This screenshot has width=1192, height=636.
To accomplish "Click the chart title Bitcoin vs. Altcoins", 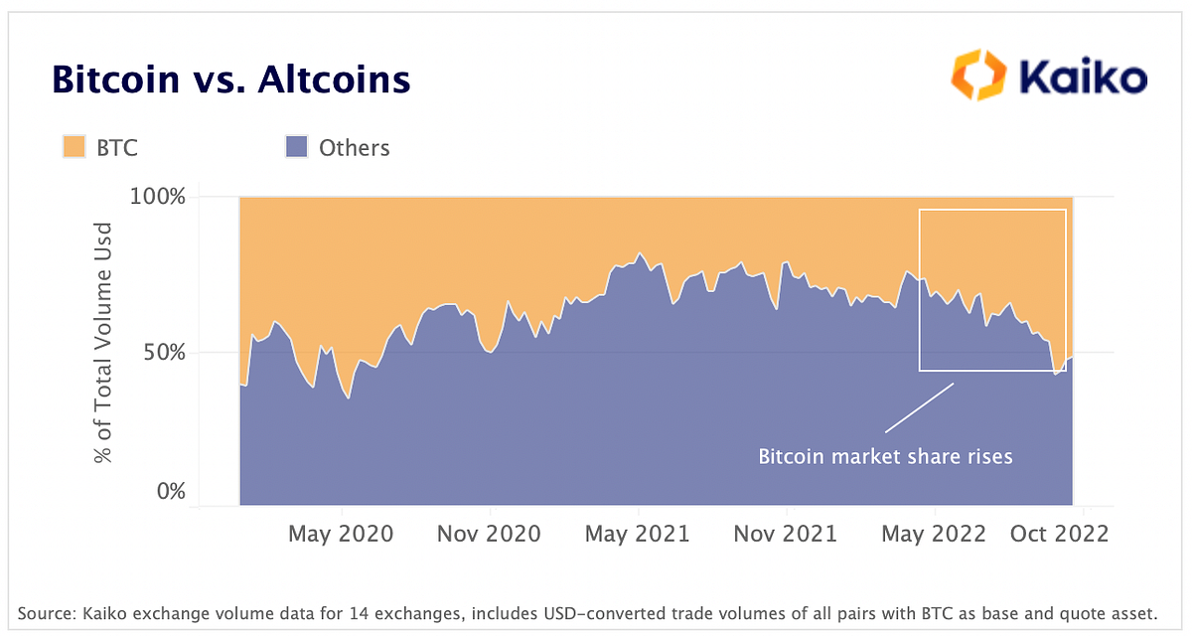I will pos(230,79).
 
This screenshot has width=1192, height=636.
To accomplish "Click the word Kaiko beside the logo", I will pos(1084,78).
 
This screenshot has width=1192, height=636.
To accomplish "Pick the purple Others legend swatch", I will pos(296,148).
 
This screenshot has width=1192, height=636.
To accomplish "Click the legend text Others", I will pos(355,148).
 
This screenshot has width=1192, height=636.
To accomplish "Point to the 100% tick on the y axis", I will pos(158,196).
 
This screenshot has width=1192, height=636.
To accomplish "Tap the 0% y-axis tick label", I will pos(170,492).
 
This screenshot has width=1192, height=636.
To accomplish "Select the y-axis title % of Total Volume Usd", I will pos(103,343).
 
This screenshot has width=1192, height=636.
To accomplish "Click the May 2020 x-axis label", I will pos(341,534).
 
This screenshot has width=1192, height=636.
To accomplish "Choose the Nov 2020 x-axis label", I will pos(489,534).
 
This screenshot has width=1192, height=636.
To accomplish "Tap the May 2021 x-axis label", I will pos(637,534).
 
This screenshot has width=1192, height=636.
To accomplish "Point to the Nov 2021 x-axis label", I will pos(785,534).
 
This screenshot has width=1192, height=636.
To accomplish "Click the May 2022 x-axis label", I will pos(934,534).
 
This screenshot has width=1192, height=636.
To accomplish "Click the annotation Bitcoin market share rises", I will pos(885,457).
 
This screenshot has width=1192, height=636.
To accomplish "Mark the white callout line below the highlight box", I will pos(919,407).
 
